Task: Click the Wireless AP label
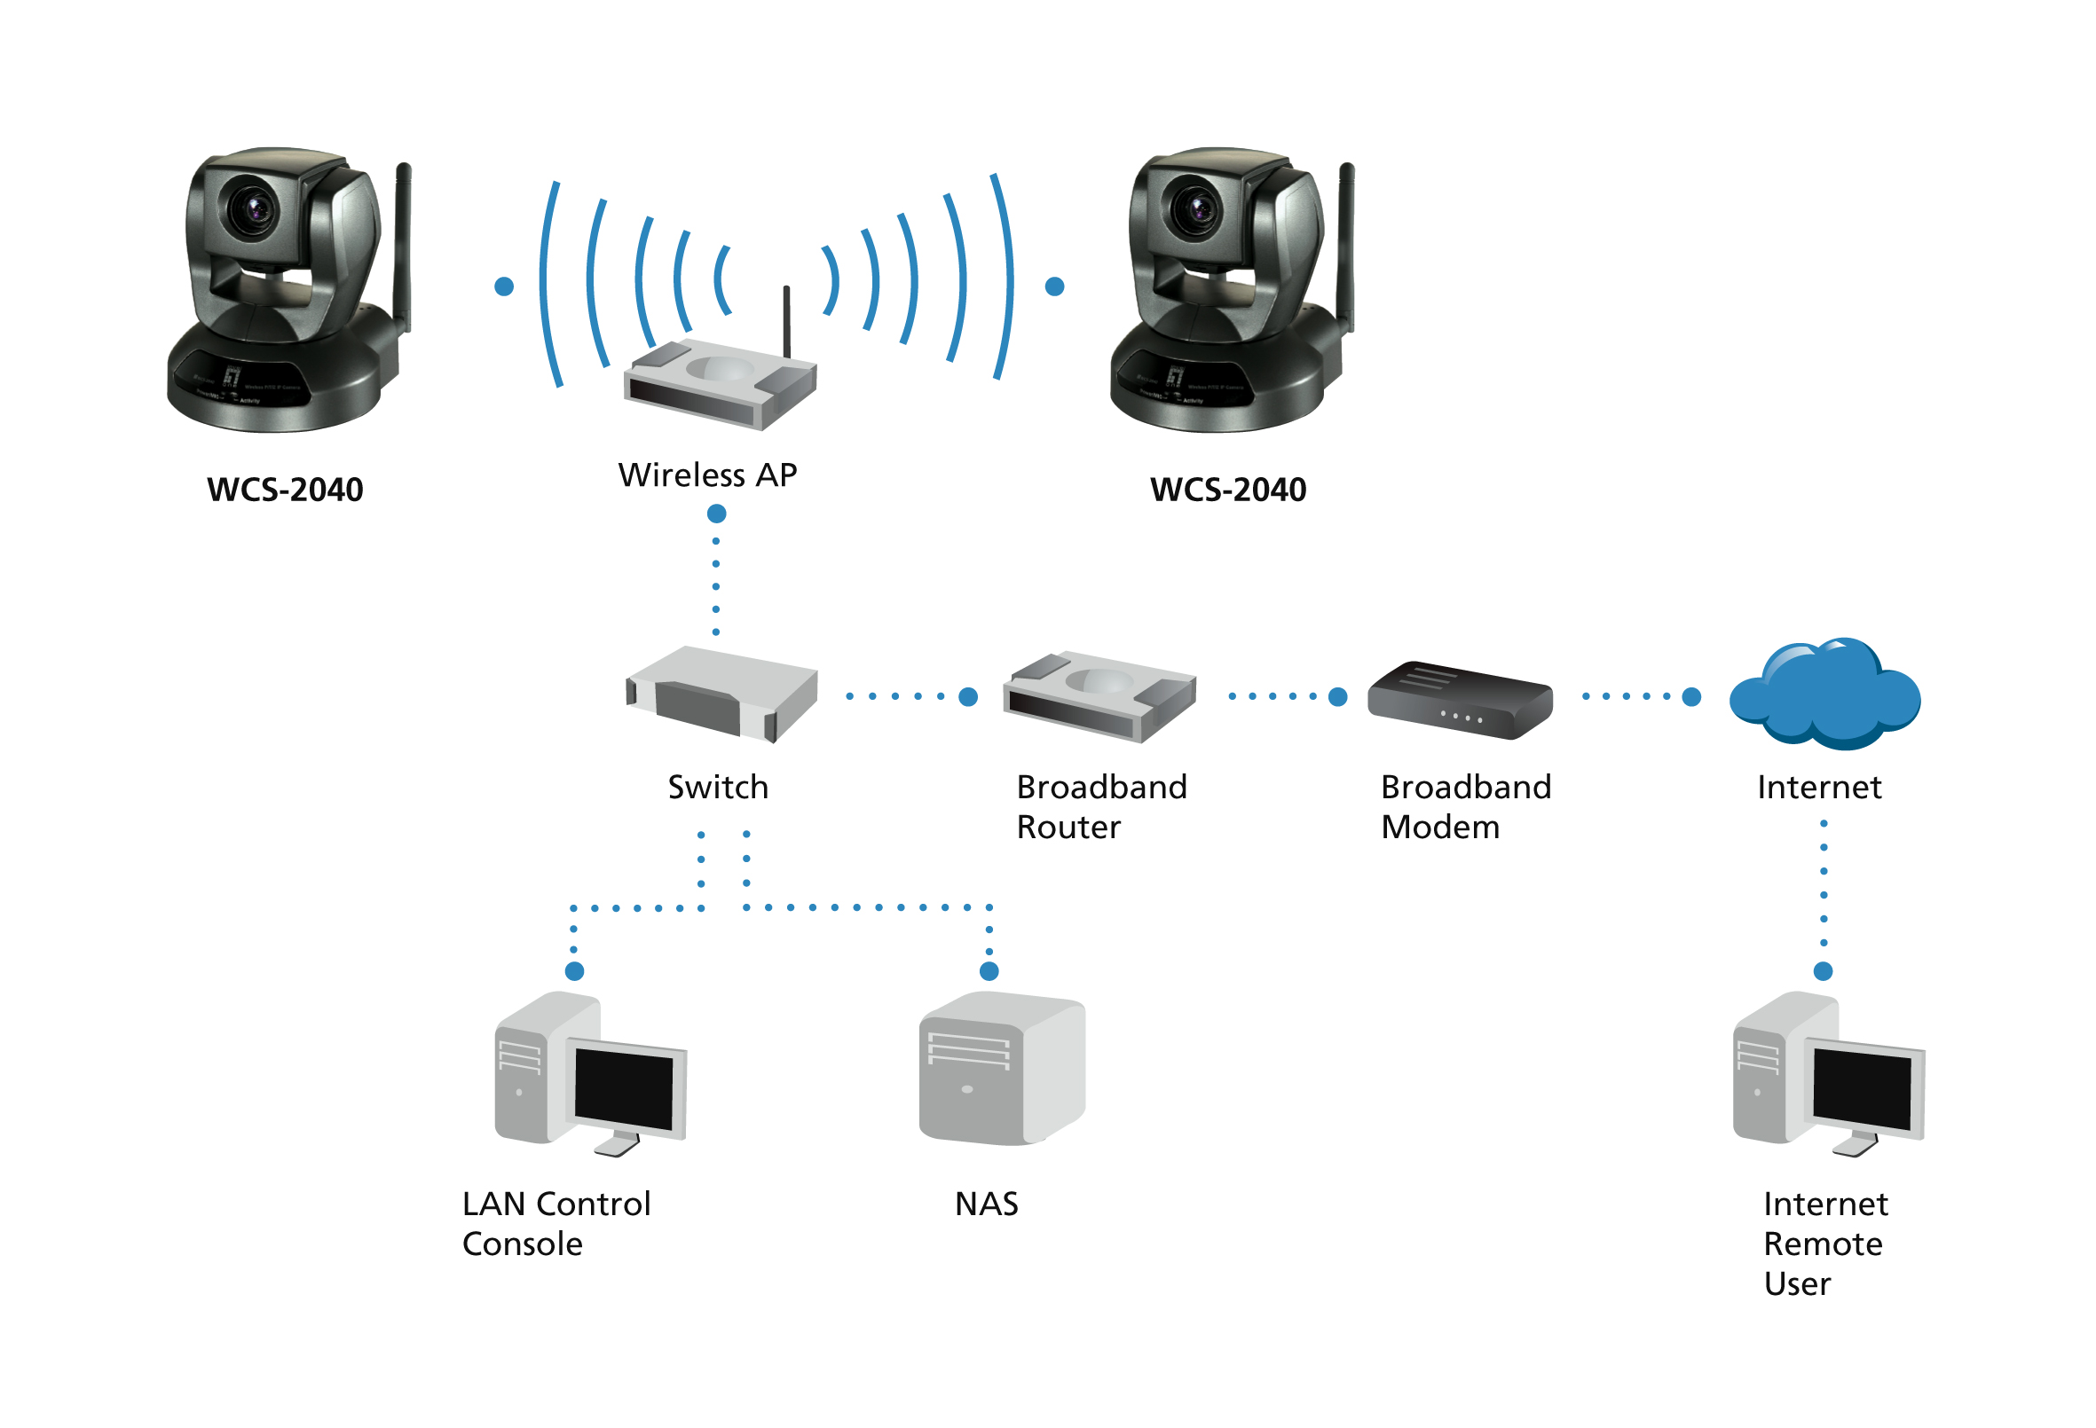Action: tap(707, 475)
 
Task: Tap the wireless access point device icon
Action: tap(720, 384)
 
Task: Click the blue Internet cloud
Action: tap(1824, 694)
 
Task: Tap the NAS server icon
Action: tap(1001, 1069)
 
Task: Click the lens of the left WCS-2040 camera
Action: tap(254, 208)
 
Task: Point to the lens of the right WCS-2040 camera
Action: tap(1197, 208)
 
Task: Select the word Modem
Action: tap(1440, 828)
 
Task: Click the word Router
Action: tap(1068, 828)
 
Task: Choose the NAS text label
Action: tap(987, 1204)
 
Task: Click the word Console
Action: tap(522, 1244)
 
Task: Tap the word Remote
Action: tap(1823, 1244)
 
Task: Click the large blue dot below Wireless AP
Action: tap(716, 514)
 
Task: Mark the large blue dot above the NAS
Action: tap(989, 971)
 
